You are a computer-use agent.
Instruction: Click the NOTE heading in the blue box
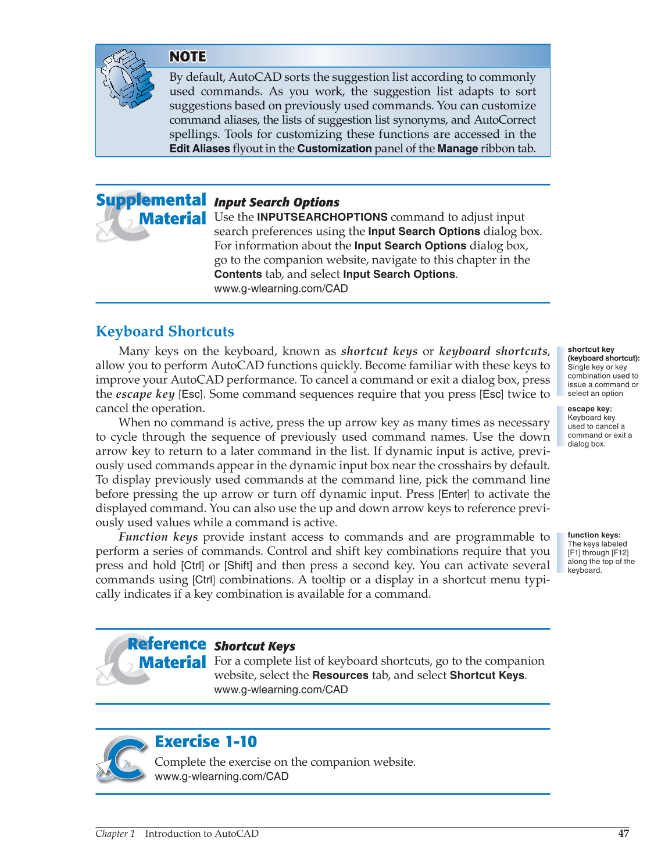coord(187,56)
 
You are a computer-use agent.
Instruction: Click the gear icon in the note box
coord(127,78)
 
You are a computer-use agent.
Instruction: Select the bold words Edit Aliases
coord(199,148)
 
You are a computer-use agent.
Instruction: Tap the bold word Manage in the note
coord(457,148)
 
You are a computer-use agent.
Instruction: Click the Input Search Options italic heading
coord(277,202)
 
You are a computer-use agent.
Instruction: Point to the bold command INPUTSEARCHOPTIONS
coord(322,217)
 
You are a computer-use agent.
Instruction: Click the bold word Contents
coord(238,274)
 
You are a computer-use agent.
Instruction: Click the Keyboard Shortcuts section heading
coord(165,331)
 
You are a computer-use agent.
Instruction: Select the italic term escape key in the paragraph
coord(145,394)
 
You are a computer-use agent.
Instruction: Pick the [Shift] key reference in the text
coord(238,566)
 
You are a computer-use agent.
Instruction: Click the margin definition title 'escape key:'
coord(589,409)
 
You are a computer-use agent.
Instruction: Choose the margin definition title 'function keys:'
coord(594,535)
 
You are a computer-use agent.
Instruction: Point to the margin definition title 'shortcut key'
coord(591,349)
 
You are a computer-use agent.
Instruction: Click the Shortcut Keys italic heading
coord(255,646)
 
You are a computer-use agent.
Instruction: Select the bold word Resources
coord(340,675)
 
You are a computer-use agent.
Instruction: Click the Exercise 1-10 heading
coord(206,741)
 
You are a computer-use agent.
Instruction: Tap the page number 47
coord(623,833)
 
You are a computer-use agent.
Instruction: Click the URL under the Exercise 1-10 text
coord(221,776)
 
